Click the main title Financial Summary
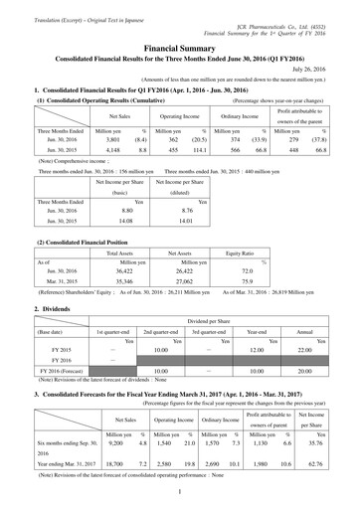pyautogui.click(x=180, y=46)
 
